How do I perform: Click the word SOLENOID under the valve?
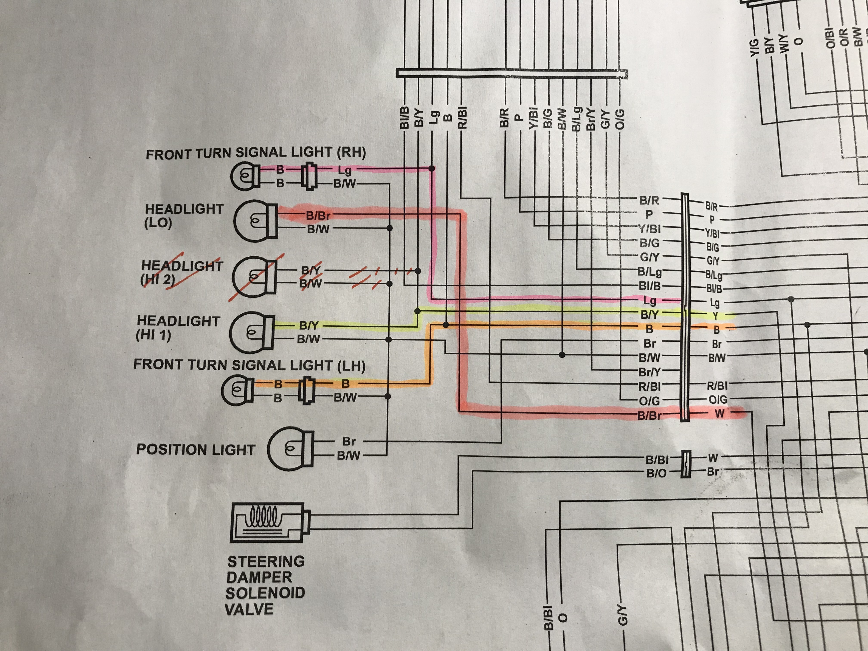[x=265, y=593]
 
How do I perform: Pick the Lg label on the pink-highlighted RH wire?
[x=344, y=170]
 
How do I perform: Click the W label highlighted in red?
[x=719, y=414]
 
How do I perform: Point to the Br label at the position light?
[x=349, y=442]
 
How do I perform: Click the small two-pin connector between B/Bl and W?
[x=685, y=464]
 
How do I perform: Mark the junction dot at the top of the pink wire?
[x=432, y=168]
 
